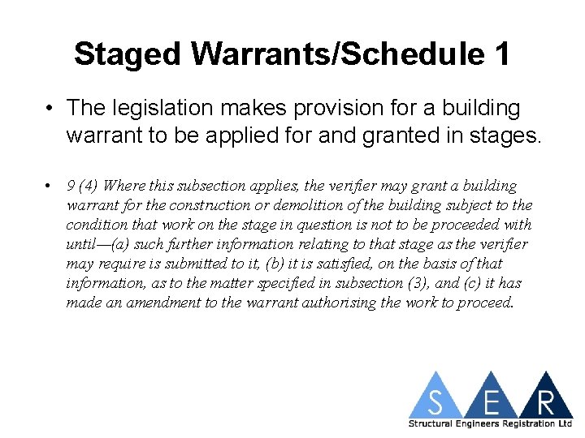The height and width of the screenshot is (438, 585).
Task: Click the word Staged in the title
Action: point(128,54)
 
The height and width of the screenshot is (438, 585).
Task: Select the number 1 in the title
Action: point(501,54)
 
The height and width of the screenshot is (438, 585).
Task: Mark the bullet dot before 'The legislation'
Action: point(50,108)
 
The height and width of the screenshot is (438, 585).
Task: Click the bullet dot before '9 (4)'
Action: point(50,186)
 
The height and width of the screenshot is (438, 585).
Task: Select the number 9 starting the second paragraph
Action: point(71,186)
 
